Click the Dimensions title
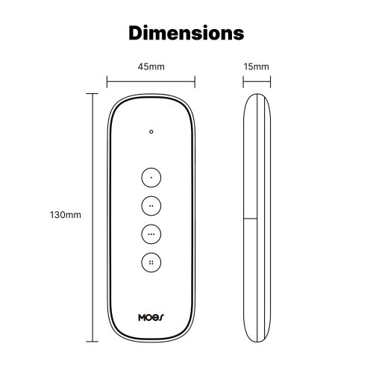coord(186,33)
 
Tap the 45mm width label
coord(151,66)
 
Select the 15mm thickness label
coord(256,66)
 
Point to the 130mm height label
coord(66,215)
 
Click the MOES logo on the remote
coord(151,317)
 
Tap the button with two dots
coord(151,206)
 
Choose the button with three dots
coord(151,234)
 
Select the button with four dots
coord(151,263)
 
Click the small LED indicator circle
coord(151,131)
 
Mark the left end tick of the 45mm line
coord(107,81)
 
